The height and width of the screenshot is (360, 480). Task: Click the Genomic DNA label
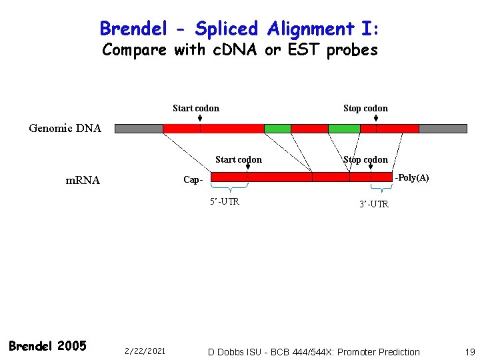65,128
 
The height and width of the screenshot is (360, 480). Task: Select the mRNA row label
83,180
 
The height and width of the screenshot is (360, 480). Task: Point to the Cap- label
193,180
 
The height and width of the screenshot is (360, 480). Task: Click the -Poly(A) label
411,178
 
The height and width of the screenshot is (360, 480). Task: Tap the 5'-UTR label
225,202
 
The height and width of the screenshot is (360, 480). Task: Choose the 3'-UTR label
373,204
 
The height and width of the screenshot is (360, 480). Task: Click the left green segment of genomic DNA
277,128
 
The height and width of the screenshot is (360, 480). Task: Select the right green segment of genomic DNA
344,128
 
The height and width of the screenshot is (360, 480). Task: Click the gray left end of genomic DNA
139,128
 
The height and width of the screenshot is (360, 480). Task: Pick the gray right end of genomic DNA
443,128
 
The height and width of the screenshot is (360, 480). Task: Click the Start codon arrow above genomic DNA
200,119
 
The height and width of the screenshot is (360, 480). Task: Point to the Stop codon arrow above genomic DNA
376,119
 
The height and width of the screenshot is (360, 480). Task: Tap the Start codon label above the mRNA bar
239,159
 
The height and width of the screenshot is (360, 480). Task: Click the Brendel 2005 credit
47,345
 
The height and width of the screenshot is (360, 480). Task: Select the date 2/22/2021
145,351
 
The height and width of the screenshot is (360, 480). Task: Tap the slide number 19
469,351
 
